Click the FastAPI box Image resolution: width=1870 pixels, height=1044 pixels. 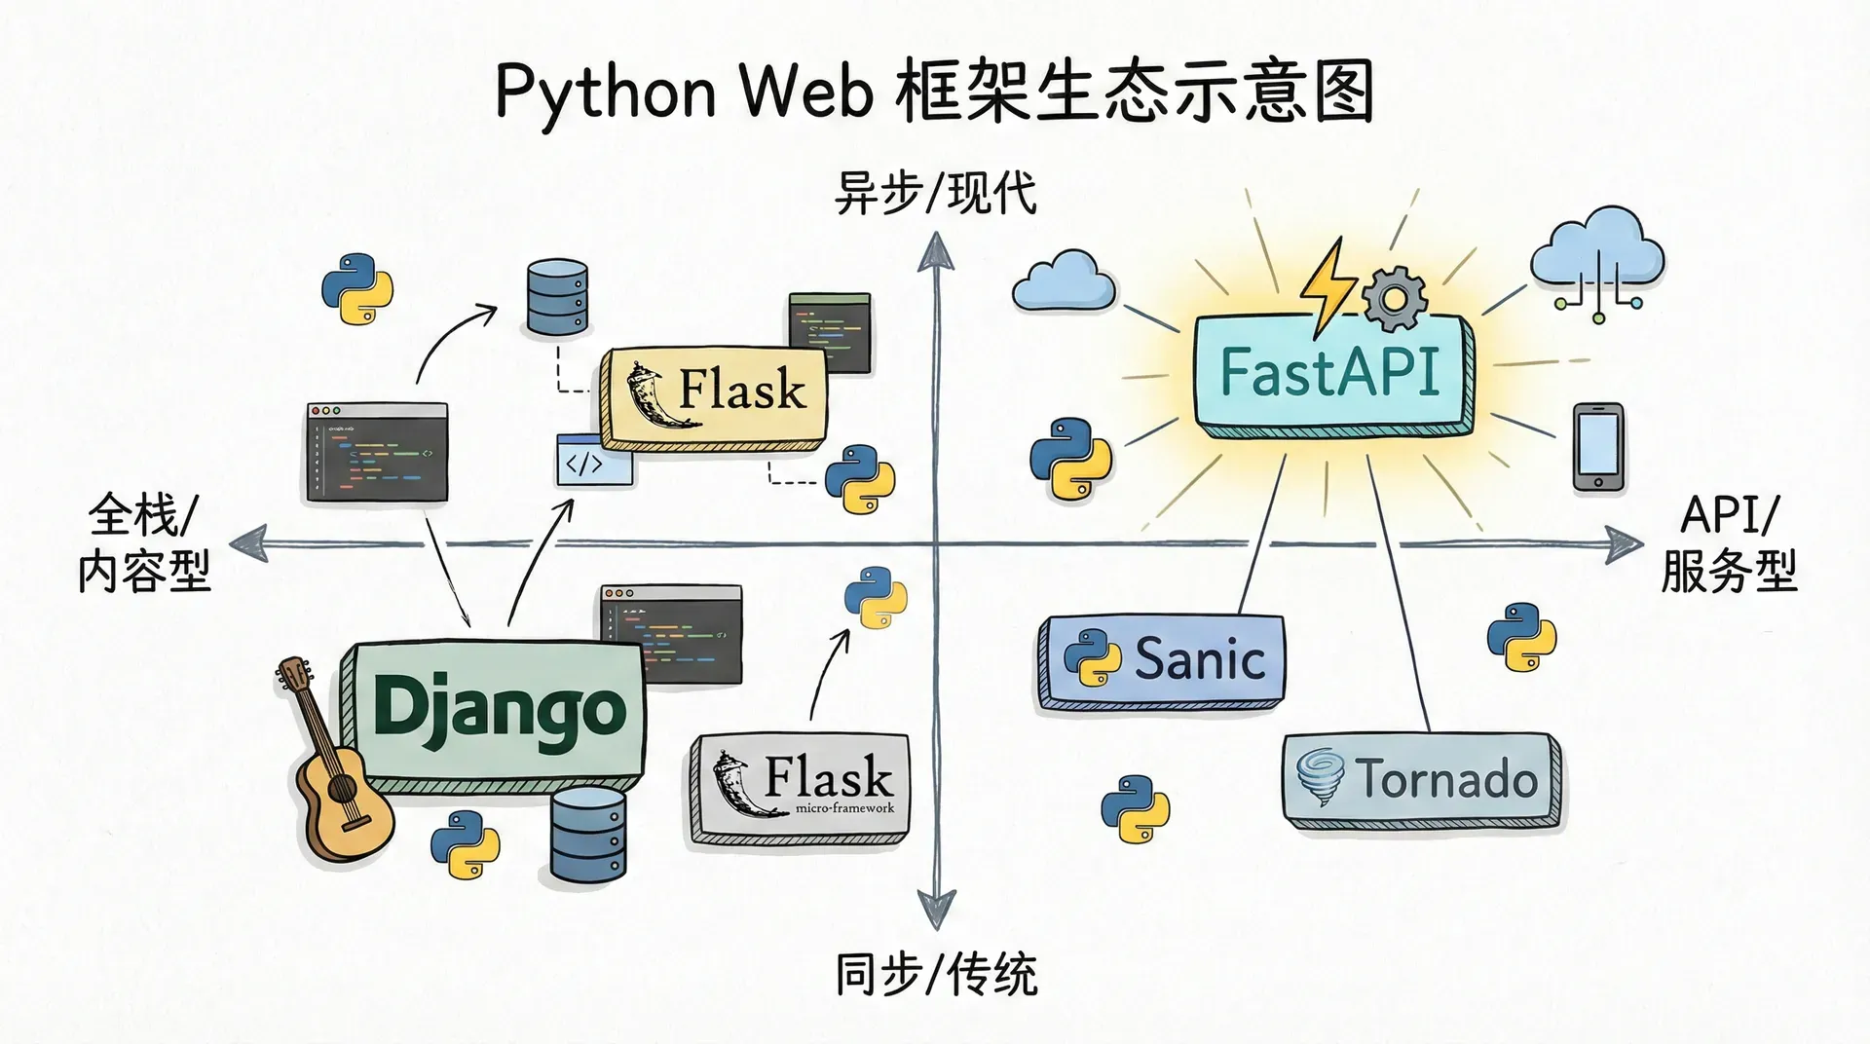(x=1330, y=373)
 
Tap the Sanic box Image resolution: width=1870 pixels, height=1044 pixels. (x=1161, y=659)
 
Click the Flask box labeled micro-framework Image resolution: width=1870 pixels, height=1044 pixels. (x=801, y=787)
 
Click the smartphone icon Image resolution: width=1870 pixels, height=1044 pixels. (x=1598, y=446)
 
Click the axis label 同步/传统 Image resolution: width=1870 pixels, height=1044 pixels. (x=936, y=974)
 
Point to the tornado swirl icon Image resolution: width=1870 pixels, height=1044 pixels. (x=1322, y=776)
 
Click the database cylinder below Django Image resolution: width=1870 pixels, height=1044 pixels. (x=588, y=835)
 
